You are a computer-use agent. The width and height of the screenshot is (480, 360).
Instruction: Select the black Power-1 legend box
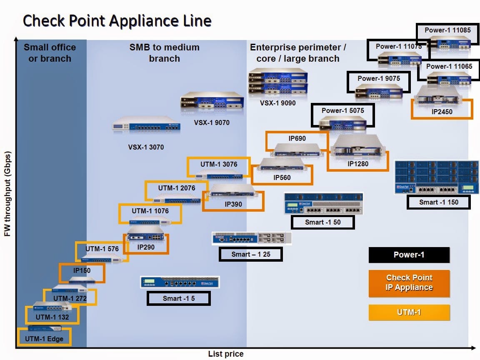(x=409, y=255)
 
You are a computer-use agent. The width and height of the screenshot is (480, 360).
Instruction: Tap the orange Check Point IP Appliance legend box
(x=409, y=283)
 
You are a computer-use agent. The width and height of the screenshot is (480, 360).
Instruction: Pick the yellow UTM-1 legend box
(x=409, y=312)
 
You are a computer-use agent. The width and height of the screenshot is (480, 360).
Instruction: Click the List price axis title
(x=225, y=354)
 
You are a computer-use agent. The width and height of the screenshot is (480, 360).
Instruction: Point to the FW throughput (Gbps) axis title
(x=7, y=193)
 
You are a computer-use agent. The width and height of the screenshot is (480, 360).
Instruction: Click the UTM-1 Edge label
(x=44, y=338)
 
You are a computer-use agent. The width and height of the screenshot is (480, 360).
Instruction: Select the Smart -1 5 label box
(x=178, y=298)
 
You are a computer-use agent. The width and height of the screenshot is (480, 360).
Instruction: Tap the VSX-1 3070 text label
(x=146, y=147)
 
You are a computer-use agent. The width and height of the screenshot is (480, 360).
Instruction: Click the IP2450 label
(x=442, y=112)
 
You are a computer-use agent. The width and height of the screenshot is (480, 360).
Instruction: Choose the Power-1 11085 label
(x=447, y=30)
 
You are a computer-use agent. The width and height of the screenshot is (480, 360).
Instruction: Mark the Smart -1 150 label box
(x=438, y=202)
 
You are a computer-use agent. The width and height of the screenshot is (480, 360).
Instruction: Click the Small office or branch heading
(x=50, y=53)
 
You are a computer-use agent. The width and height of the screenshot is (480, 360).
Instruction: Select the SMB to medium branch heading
(x=164, y=53)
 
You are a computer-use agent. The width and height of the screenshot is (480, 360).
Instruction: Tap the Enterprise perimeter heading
(x=297, y=53)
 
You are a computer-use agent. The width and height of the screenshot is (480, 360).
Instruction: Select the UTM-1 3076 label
(x=219, y=164)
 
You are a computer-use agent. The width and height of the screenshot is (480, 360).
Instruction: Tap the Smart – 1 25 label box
(x=251, y=254)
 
